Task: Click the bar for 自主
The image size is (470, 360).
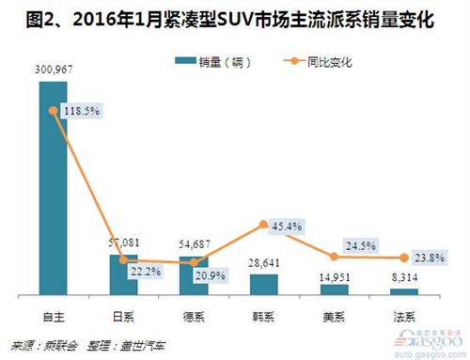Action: pyautogui.click(x=53, y=188)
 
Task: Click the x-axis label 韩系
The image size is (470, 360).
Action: pyautogui.click(x=264, y=312)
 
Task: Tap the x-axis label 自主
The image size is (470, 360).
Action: pyautogui.click(x=53, y=312)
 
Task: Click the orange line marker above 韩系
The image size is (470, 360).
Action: pyautogui.click(x=264, y=225)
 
